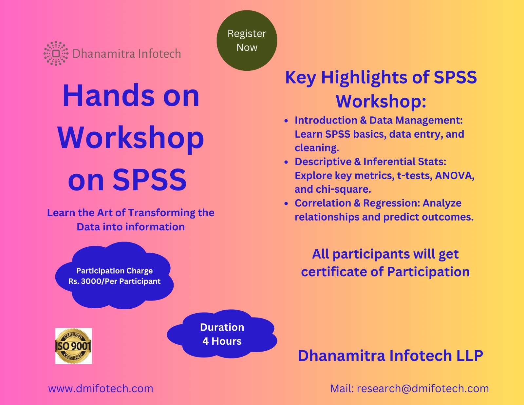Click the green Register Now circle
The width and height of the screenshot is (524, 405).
point(247,41)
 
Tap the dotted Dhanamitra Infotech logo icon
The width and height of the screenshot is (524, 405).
point(56,53)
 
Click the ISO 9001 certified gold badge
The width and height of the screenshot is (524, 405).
point(73,346)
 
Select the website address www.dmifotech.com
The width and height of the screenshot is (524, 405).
point(101,388)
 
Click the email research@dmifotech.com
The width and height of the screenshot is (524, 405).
point(423,388)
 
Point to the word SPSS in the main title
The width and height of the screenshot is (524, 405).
point(150,180)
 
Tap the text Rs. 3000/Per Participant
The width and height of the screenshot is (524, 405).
point(114,281)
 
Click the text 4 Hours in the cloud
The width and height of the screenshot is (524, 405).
point(222,341)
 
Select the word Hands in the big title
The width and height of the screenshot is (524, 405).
point(108,96)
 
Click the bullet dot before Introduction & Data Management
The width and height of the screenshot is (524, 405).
point(286,121)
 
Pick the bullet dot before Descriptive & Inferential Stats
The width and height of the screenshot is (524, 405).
point(286,162)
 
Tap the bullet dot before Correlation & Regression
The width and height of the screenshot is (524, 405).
point(286,203)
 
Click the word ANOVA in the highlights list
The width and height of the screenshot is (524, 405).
point(455,175)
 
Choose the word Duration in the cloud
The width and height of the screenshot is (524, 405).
point(222,327)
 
